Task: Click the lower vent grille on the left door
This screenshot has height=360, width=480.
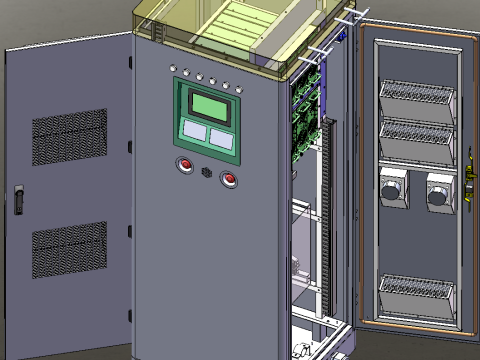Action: coord(69,249)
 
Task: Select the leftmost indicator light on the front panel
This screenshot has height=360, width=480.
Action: coord(173,69)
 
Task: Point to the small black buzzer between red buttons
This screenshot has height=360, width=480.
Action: coord(207,172)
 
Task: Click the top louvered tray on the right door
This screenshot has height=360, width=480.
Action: coord(417,101)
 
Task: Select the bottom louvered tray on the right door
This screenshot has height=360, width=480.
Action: coord(417,296)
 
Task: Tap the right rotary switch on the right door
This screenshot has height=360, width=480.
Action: coord(439,192)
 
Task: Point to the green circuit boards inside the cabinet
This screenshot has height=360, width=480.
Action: coord(306,120)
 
